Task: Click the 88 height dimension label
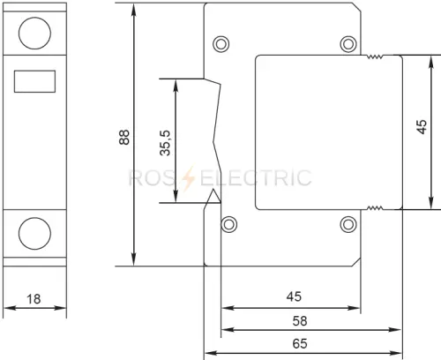[124, 137]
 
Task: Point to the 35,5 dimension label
[165, 143]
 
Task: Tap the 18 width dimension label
[34, 299]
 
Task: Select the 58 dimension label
[300, 320]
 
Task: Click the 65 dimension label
[300, 343]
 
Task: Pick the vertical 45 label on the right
[422, 127]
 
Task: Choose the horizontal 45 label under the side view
[294, 296]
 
